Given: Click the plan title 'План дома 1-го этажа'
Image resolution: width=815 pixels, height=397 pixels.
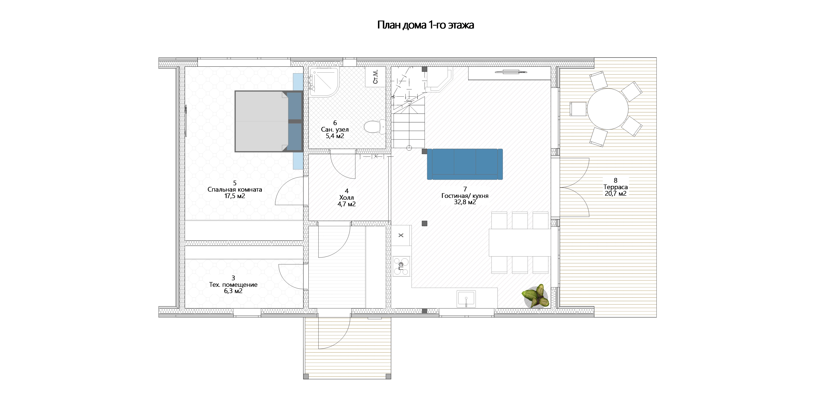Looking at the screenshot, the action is point(426,25).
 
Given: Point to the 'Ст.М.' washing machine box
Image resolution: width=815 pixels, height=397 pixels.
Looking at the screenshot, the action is point(376,77).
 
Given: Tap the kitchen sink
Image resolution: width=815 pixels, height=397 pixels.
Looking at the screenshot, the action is point(466,298).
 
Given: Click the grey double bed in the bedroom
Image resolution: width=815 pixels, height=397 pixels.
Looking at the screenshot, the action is point(269,122).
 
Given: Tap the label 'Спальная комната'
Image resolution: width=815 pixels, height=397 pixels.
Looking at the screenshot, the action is point(235,190).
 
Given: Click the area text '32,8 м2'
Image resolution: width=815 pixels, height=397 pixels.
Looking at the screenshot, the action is point(465,202).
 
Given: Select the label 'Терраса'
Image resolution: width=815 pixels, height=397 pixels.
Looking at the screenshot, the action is point(615,187).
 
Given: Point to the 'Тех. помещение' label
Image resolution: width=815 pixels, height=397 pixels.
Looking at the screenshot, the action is point(233,285).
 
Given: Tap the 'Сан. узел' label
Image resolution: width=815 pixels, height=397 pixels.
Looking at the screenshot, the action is point(335,130).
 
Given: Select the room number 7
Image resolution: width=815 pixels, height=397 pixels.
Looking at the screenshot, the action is point(465,189).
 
